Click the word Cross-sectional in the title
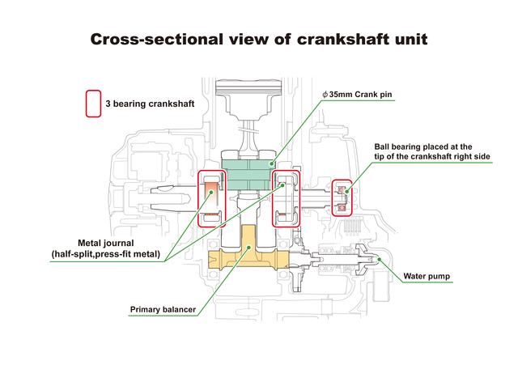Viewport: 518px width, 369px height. [156, 40]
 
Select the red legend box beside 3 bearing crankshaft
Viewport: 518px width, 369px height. [94, 104]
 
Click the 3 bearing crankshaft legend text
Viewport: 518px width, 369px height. [150, 104]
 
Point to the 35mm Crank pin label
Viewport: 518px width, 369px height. [357, 95]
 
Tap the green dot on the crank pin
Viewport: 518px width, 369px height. [271, 163]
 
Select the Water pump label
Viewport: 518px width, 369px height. [427, 276]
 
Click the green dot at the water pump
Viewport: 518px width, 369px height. [380, 259]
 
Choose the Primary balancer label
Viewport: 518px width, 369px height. [163, 310]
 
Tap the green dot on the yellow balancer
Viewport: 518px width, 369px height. [248, 247]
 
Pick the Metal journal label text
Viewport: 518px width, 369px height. [106, 243]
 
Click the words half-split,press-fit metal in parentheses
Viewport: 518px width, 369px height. [106, 254]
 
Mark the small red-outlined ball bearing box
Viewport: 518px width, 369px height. [342, 198]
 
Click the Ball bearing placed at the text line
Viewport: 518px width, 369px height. [422, 146]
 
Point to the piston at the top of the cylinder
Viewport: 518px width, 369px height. [248, 99]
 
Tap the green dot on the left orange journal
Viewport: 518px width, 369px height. [211, 191]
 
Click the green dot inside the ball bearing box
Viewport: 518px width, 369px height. [346, 191]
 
